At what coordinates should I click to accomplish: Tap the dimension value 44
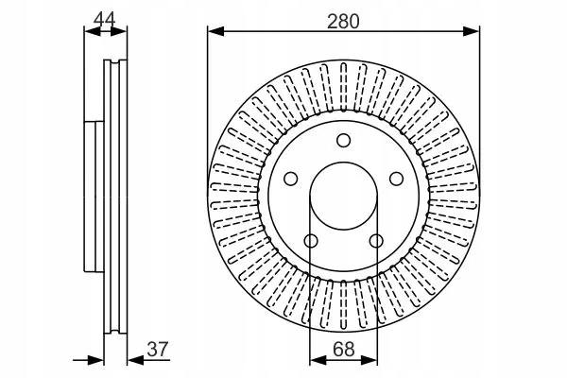[104, 16]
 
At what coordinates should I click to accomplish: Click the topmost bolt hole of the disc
[341, 143]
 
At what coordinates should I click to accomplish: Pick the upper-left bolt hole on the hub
[291, 179]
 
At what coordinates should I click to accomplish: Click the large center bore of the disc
[341, 197]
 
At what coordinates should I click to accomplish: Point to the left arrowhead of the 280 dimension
[215, 32]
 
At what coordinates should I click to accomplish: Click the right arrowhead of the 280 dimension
[470, 32]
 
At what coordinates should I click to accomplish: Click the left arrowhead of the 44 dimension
[91, 31]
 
